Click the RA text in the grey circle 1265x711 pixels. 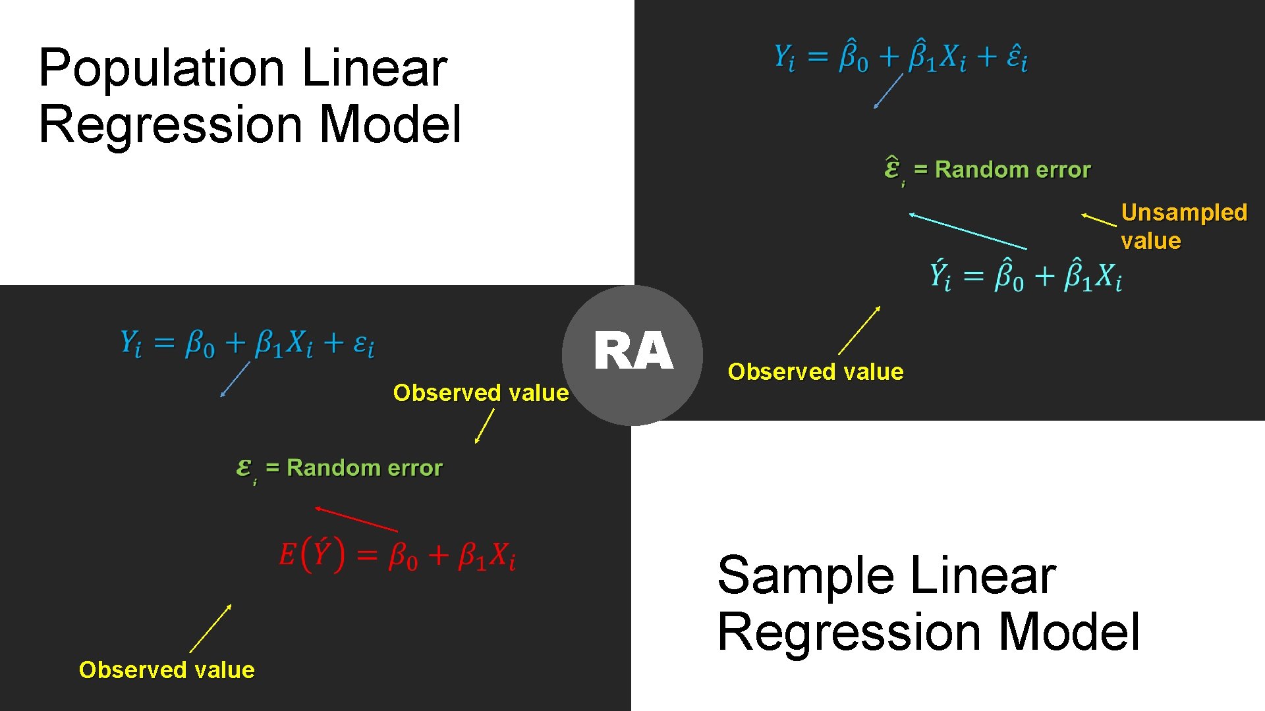click(632, 352)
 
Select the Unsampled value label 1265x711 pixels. click(1183, 226)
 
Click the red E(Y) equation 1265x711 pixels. click(397, 555)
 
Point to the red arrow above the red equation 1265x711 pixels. click(356, 519)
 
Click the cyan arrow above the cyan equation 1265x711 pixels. click(967, 231)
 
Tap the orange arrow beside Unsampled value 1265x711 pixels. click(1099, 220)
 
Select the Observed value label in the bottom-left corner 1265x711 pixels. click(167, 670)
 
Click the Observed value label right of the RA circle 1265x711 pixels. click(815, 372)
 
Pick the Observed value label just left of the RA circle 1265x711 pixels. click(480, 393)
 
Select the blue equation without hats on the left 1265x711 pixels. click(247, 344)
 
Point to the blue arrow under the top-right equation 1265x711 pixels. click(888, 91)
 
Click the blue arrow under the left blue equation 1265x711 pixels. click(235, 379)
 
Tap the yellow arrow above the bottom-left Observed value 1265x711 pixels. click(210, 629)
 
